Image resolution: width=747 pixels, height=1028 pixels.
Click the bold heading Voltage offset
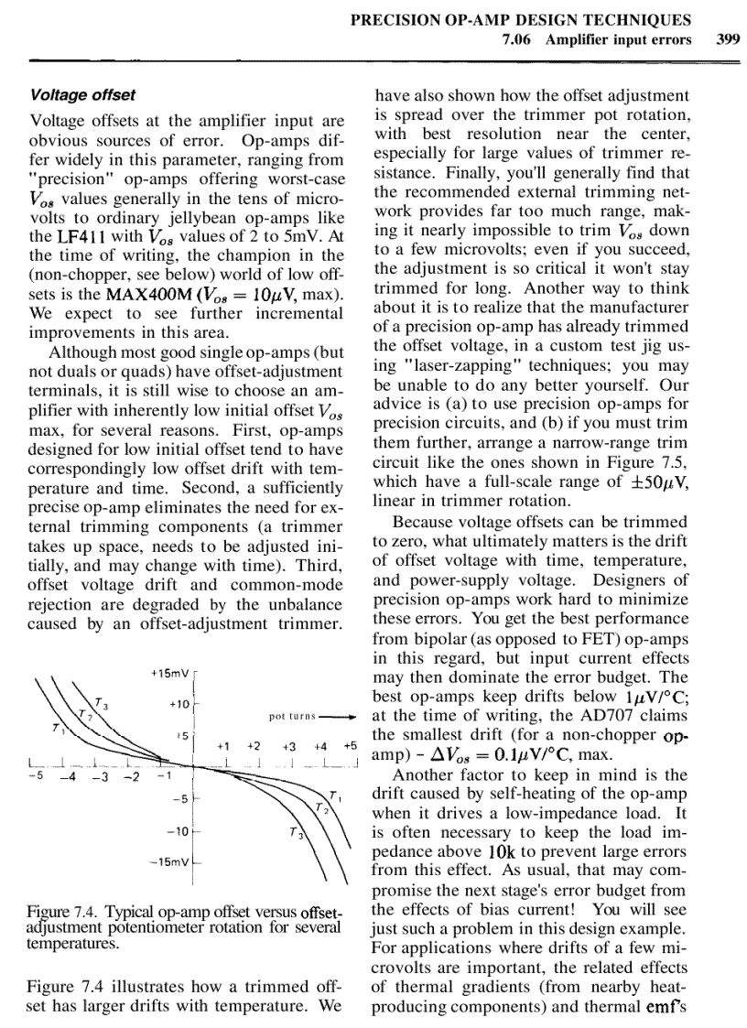click(83, 94)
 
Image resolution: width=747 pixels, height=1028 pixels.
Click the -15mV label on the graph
click(169, 862)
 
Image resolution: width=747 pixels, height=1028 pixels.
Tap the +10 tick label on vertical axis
click(179, 704)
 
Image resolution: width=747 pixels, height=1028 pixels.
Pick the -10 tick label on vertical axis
click(177, 831)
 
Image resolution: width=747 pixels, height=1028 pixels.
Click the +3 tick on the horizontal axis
click(289, 746)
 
